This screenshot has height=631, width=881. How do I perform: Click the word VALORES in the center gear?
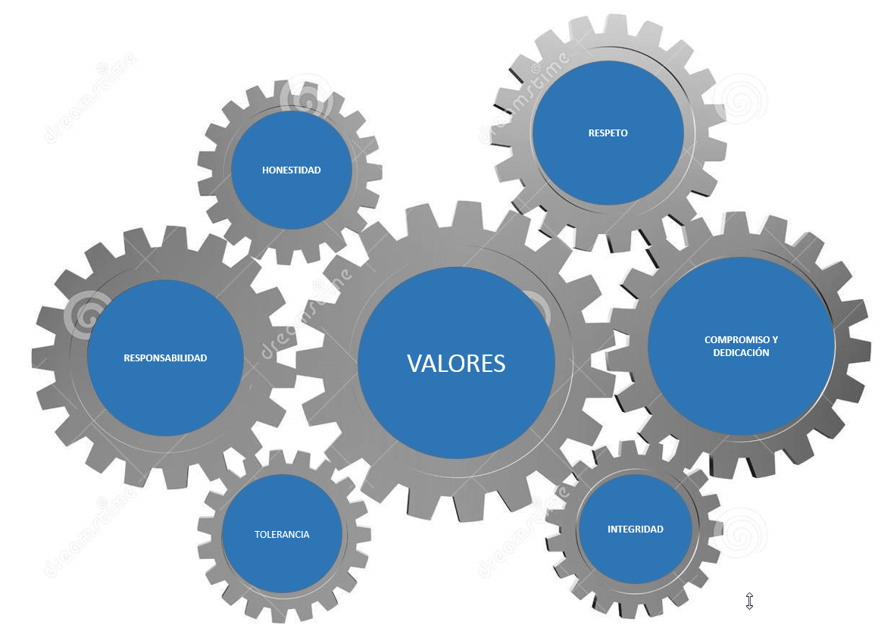[456, 364]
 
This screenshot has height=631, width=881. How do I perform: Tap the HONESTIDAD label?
[292, 170]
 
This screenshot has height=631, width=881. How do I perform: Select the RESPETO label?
[608, 133]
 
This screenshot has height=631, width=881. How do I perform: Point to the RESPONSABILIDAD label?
[165, 358]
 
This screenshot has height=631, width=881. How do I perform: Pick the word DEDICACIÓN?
[741, 353]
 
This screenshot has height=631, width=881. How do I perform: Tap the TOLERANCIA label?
[282, 535]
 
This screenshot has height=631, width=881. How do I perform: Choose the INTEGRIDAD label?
[636, 529]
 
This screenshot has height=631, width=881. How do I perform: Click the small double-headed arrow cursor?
[749, 601]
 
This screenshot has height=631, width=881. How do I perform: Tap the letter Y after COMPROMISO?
[774, 340]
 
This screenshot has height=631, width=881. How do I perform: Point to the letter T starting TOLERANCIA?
[257, 535]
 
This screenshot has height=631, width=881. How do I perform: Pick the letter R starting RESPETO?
[591, 133]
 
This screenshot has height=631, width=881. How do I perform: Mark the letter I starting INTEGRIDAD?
[609, 529]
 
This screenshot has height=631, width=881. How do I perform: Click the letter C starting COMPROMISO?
[708, 340]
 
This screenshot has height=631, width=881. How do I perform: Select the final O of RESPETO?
[624, 133]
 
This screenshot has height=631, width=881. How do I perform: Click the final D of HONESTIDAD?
[317, 170]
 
